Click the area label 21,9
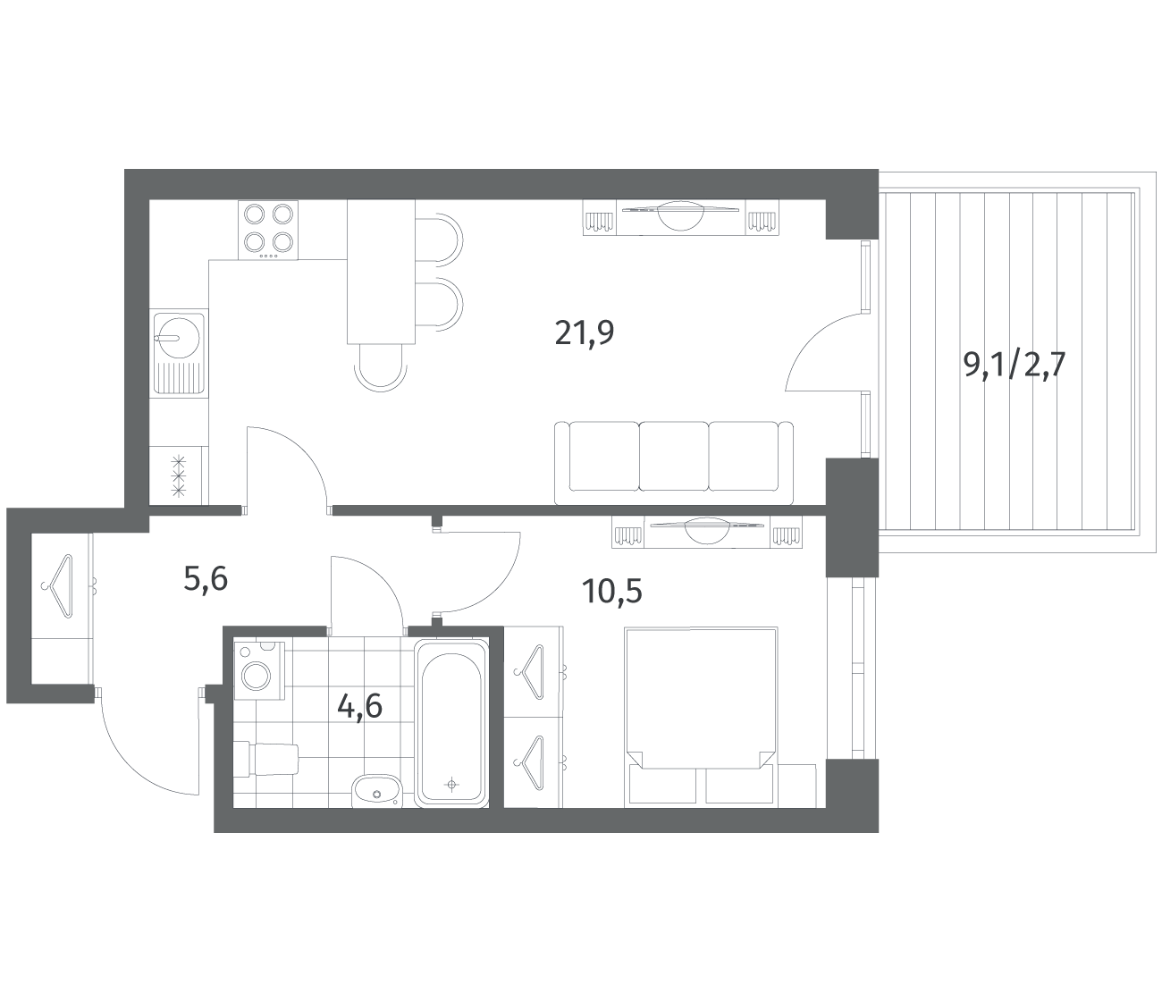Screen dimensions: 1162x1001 tap(584, 333)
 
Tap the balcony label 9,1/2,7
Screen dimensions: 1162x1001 tap(1015, 366)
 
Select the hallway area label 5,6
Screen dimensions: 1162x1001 tap(206, 579)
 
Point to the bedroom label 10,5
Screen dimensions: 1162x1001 tap(612, 592)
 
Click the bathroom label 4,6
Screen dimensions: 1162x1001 tap(360, 706)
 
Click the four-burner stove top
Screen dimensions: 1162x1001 tap(268, 230)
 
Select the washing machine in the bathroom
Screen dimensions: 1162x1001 tap(259, 670)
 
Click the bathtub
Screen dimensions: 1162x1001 tap(451, 723)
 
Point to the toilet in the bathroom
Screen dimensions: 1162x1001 tap(265, 758)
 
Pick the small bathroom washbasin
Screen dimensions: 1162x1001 tap(377, 791)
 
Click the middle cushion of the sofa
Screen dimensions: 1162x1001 tap(673, 457)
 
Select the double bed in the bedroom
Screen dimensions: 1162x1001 tap(701, 717)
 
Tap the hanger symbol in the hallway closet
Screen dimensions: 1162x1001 tap(58, 586)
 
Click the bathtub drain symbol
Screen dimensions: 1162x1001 tap(451, 784)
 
